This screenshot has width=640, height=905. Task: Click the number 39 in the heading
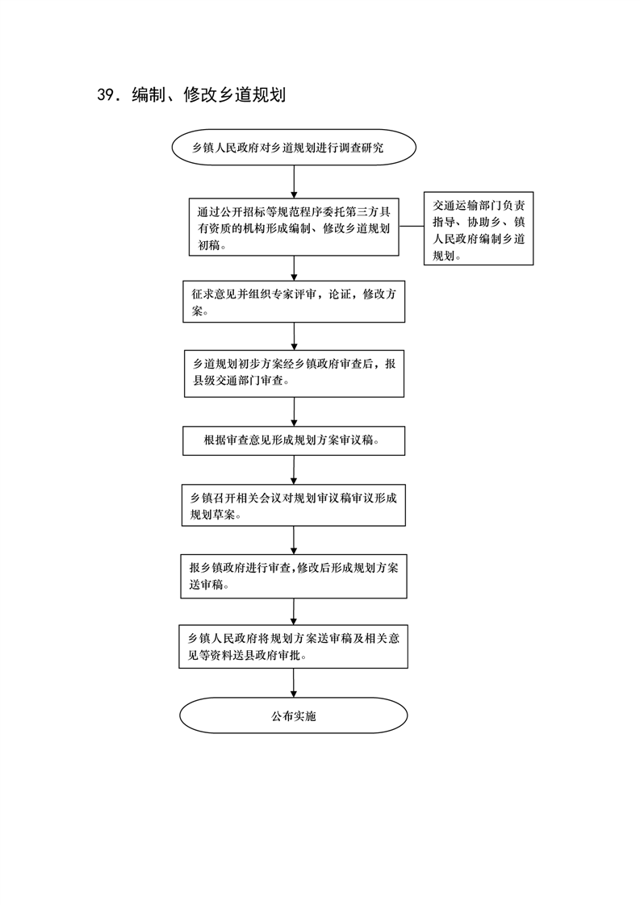point(106,94)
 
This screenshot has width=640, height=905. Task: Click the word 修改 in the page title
point(200,94)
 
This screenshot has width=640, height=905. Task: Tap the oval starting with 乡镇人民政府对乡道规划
point(294,147)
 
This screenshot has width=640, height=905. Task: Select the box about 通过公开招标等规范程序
point(294,227)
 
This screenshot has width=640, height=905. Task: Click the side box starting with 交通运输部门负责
point(479,228)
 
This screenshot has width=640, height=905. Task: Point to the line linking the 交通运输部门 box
point(412,226)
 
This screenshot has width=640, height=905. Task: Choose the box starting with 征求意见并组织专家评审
point(294,302)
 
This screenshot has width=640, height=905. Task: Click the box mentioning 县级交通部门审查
point(294,373)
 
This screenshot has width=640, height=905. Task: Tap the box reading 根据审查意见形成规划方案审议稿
point(294,441)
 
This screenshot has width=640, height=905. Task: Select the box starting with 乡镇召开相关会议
point(294,505)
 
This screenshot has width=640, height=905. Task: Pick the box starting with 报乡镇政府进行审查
point(294,576)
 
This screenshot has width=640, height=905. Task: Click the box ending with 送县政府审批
point(294,646)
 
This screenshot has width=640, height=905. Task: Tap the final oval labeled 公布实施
point(294,715)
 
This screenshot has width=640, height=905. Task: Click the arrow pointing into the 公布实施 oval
point(294,683)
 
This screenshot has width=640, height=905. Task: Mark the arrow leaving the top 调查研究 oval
point(294,182)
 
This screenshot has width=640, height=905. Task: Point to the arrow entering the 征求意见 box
point(294,269)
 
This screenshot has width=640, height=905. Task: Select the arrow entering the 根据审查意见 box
point(294,412)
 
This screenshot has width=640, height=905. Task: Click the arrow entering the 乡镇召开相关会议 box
point(294,469)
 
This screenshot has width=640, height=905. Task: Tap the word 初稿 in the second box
point(209,245)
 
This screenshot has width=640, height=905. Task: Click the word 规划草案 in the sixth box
point(213,515)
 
